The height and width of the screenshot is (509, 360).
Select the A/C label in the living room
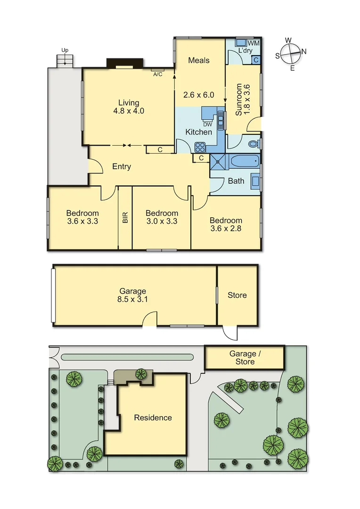(157, 74)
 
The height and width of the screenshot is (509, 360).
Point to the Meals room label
(198, 60)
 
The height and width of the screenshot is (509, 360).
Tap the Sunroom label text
(239, 99)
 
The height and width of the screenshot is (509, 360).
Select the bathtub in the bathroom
(245, 161)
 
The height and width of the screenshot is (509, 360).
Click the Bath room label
(236, 181)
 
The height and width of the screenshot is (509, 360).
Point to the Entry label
(122, 166)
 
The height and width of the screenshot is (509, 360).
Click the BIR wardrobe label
(125, 217)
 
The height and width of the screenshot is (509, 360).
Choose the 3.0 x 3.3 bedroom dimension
(162, 221)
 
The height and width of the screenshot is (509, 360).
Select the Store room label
(237, 295)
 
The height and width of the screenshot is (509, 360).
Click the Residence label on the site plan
(153, 418)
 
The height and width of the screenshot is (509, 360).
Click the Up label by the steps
(65, 49)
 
